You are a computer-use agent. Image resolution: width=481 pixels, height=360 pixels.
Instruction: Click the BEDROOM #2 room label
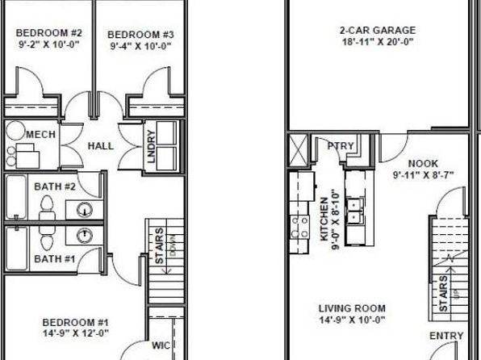[x=49, y=33]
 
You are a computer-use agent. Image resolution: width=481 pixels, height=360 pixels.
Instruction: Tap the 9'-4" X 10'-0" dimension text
[x=140, y=46]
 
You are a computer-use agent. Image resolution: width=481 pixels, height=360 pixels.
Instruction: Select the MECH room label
[x=41, y=135]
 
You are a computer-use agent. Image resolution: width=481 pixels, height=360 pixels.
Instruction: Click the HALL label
[x=101, y=146]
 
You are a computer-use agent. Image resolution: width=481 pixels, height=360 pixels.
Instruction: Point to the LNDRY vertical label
[x=152, y=146]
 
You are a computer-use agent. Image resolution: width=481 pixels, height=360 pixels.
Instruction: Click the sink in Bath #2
[x=84, y=210]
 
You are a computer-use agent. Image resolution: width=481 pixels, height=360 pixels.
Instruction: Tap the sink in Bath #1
[x=84, y=236]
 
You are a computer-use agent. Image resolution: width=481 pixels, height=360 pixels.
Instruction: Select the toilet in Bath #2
[x=47, y=207]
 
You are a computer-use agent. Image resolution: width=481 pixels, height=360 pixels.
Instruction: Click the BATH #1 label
[x=55, y=259]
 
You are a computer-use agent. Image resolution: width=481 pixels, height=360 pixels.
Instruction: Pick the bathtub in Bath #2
[x=15, y=197]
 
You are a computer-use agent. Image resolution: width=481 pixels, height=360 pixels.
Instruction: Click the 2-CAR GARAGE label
[x=378, y=31]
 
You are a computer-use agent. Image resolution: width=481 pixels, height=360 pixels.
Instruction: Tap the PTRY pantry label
[x=341, y=146]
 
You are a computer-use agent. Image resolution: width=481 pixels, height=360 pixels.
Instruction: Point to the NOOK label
[x=424, y=164]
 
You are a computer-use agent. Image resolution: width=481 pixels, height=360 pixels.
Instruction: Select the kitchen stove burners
[x=299, y=228]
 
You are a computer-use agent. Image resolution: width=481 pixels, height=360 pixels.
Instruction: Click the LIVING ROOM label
[x=352, y=308]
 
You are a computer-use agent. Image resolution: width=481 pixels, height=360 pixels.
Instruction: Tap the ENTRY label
[x=446, y=336]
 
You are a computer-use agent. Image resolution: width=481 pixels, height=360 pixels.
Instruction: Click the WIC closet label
[x=161, y=345]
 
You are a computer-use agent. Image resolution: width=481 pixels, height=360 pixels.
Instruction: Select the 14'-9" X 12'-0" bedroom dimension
[x=76, y=333]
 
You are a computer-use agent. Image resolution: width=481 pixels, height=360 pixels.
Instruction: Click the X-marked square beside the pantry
[x=298, y=150]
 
